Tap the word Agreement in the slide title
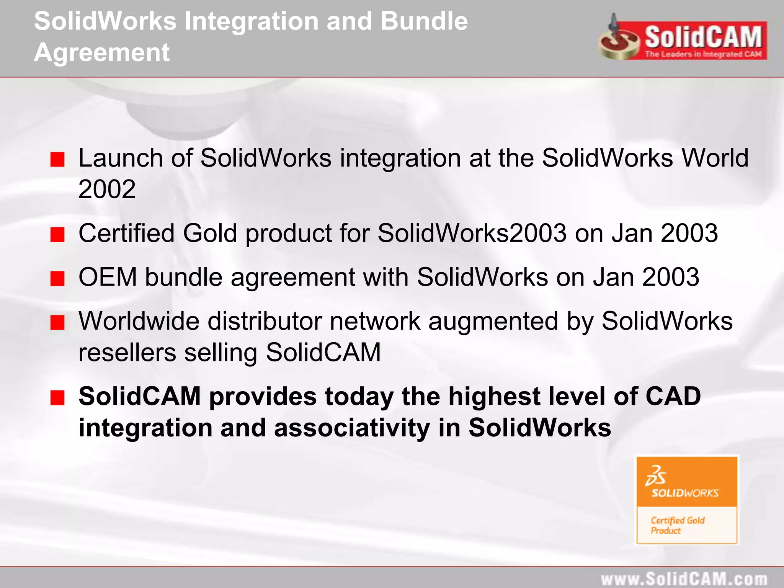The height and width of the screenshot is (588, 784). pyautogui.click(x=102, y=52)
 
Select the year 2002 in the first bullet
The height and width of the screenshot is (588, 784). pyautogui.click(x=107, y=189)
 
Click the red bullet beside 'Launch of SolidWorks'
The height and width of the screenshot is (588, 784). pyautogui.click(x=57, y=159)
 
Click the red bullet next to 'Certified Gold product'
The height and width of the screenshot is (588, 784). pyautogui.click(x=57, y=234)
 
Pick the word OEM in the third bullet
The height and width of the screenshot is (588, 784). pyautogui.click(x=108, y=277)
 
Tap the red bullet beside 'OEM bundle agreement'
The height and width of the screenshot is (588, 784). pyautogui.click(x=57, y=278)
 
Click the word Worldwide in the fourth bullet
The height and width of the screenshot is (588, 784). pyautogui.click(x=139, y=321)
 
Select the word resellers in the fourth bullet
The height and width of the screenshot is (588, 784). pyautogui.click(x=127, y=353)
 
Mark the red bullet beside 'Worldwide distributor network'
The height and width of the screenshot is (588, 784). pyautogui.click(x=57, y=323)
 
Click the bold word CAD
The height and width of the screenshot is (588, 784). pyautogui.click(x=673, y=397)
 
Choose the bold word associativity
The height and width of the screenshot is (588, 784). pyautogui.click(x=352, y=428)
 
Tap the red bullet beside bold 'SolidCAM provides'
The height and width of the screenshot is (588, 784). pyautogui.click(x=57, y=398)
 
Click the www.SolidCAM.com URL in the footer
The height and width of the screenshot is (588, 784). pyautogui.click(x=684, y=579)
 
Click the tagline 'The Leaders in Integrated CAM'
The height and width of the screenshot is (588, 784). pyautogui.click(x=703, y=54)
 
